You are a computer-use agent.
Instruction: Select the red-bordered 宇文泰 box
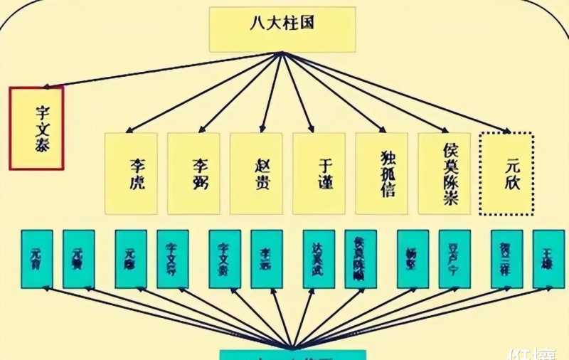[x=36, y=128]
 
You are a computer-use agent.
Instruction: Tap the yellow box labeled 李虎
[x=131, y=173]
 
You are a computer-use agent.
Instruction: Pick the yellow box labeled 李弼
[x=193, y=173]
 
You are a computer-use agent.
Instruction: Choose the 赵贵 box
[x=256, y=173]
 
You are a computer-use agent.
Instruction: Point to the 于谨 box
[x=319, y=173]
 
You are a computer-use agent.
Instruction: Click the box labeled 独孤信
[x=381, y=173]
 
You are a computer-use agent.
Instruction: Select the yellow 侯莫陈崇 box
[x=445, y=173]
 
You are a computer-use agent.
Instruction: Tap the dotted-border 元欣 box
[x=507, y=173]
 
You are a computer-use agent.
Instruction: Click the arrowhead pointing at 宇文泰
[x=47, y=85]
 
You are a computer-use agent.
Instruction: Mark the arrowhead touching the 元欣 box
[x=507, y=131]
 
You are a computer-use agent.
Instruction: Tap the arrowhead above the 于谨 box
[x=312, y=130]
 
